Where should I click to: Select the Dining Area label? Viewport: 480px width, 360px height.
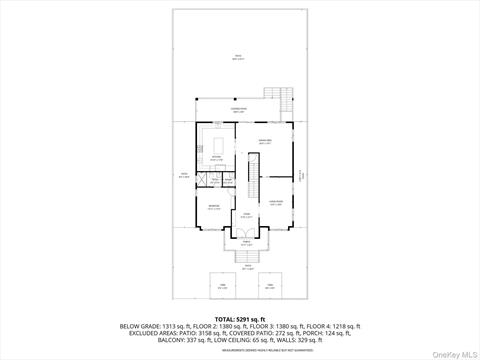266,140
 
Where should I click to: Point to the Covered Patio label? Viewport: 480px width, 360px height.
238,110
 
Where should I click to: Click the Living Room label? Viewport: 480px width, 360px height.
276,203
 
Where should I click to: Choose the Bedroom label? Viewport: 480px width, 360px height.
214,208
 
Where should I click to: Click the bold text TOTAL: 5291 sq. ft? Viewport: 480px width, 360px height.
239,318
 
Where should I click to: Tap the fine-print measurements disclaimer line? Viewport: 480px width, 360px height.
239,351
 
